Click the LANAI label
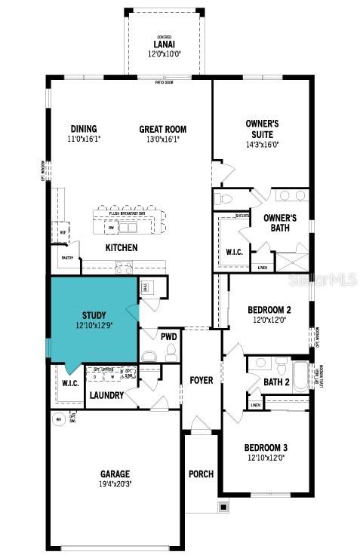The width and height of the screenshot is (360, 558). [164, 44]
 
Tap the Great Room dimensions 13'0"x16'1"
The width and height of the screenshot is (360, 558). [162, 139]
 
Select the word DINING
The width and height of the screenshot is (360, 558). [83, 129]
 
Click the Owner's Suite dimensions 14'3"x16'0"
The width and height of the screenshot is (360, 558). [262, 145]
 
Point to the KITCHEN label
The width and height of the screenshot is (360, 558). [121, 247]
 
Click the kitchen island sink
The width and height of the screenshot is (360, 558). [112, 227]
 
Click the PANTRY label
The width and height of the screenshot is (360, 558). [66, 258]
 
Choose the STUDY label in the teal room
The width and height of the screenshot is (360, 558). [94, 314]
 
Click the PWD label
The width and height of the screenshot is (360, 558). [168, 336]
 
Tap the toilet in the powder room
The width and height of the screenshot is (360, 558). [171, 352]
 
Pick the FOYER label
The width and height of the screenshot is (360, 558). [202, 380]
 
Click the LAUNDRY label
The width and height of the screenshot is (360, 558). [106, 394]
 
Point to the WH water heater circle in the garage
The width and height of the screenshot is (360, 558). [58, 419]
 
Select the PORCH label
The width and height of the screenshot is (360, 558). [202, 474]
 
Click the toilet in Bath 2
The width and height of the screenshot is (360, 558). [280, 367]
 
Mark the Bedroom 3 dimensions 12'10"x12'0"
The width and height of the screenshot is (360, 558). [265, 458]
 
